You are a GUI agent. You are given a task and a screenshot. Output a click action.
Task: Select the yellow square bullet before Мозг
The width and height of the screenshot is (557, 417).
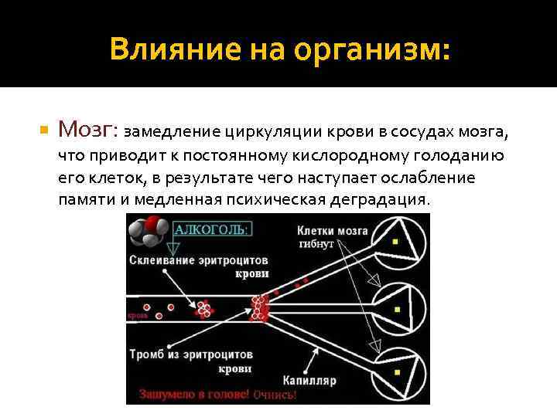tap(44, 129)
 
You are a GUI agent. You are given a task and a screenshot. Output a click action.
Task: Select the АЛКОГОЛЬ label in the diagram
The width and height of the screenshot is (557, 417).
tap(212, 229)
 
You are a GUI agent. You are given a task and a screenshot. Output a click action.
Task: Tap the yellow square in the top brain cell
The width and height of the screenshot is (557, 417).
tap(396, 242)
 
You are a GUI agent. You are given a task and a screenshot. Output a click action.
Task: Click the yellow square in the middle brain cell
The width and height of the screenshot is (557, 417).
tap(396, 309)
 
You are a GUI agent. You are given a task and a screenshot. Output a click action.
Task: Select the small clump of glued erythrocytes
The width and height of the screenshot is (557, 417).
tap(203, 309)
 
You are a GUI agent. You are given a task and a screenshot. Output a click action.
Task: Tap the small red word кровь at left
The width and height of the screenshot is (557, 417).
tap(137, 316)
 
